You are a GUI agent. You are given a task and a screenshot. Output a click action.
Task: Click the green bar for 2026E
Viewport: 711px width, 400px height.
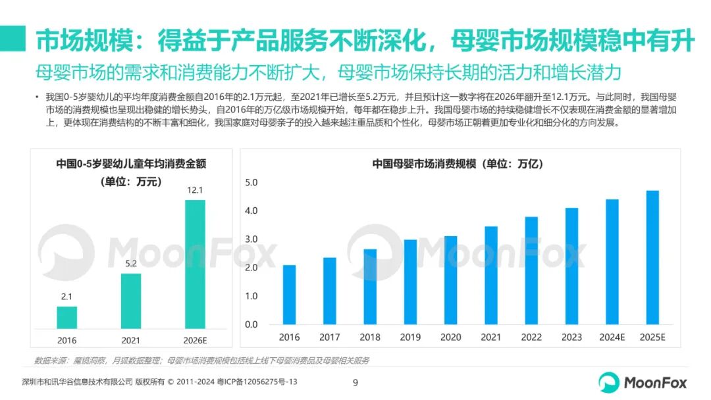click(195, 264)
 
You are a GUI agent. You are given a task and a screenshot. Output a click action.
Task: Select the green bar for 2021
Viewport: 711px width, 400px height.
click(131, 301)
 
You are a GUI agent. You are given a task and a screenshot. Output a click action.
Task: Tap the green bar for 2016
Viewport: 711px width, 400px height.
click(67, 317)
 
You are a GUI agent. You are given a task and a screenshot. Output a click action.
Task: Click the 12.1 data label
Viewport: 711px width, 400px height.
click(195, 190)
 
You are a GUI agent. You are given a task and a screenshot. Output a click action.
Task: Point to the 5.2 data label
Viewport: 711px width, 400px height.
click(131, 264)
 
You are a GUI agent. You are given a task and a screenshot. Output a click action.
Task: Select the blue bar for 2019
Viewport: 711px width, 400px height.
click(410, 282)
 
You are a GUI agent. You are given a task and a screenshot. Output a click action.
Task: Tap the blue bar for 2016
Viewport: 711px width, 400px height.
click(289, 295)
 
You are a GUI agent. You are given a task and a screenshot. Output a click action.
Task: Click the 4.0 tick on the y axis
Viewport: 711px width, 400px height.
click(251, 211)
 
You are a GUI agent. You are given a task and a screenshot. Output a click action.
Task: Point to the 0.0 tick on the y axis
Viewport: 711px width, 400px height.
click(251, 324)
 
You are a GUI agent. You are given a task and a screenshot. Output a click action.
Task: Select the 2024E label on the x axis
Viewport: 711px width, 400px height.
click(612, 337)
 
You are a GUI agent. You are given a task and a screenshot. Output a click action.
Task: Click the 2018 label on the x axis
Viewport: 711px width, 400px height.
click(370, 337)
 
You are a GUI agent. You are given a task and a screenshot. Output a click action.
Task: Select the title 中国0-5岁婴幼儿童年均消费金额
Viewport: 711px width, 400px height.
click(131, 164)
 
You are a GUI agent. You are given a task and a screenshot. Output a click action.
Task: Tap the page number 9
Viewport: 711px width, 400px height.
click(355, 382)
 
